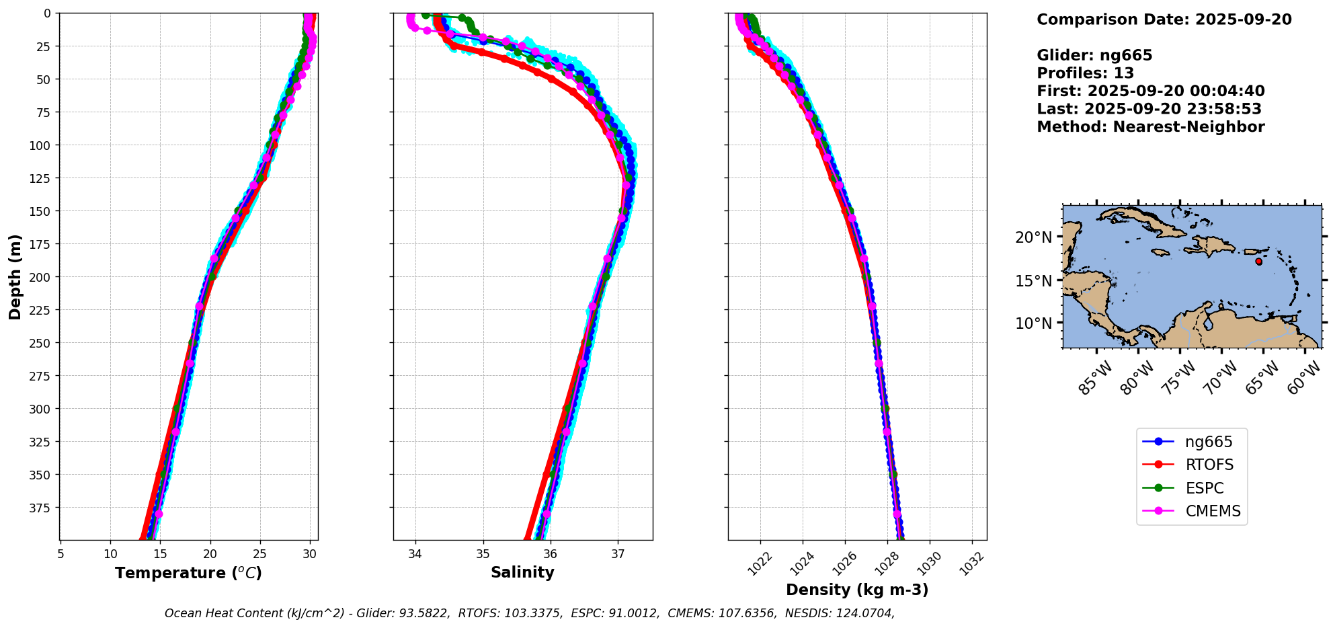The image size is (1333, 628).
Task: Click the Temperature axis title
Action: tap(188, 573)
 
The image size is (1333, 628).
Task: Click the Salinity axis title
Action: tap(522, 572)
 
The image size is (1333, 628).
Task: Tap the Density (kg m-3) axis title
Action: tap(857, 590)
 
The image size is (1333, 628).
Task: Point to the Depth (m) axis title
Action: tap(15, 276)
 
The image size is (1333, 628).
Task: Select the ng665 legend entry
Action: tap(1208, 442)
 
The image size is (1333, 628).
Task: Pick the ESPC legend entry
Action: tap(1204, 488)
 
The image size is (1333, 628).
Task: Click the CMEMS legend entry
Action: tap(1213, 511)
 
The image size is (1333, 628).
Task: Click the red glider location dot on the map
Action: tap(1258, 262)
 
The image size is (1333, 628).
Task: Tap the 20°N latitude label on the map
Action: tap(1033, 237)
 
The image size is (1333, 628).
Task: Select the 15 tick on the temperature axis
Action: tap(160, 554)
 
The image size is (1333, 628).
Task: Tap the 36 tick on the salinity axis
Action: tap(550, 554)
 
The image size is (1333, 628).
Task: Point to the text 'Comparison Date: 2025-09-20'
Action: tap(1164, 19)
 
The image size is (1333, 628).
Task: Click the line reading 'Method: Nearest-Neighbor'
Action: tap(1150, 127)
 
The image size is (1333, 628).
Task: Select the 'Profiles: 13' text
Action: tap(1085, 73)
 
